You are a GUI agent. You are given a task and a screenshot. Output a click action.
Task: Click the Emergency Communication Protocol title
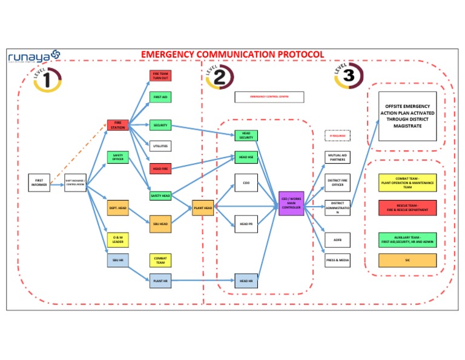tap(232, 55)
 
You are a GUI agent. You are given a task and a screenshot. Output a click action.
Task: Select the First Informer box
tap(39, 182)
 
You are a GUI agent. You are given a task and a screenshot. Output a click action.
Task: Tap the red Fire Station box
tap(117, 125)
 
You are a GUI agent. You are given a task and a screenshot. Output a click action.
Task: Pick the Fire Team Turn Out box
tap(160, 76)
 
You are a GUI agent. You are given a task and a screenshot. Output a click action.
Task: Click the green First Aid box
tap(160, 97)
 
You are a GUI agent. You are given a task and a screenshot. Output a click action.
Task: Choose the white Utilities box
tap(160, 146)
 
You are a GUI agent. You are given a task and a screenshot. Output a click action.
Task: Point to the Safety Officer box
tap(117, 157)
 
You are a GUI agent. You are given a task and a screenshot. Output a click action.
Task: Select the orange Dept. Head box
tap(117, 208)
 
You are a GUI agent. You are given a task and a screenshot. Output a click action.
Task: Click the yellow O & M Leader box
tap(117, 239)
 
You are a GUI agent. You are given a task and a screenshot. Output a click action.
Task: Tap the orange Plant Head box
tap(203, 208)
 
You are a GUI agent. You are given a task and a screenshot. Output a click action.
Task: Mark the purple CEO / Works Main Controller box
tap(291, 204)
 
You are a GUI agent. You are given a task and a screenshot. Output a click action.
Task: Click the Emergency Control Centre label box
tap(269, 97)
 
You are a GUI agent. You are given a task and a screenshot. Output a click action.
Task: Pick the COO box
tap(246, 182)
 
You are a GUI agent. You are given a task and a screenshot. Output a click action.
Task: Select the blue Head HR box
tap(246, 281)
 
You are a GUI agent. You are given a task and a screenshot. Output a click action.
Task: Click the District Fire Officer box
tap(337, 182)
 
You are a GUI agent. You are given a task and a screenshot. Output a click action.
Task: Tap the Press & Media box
tap(337, 260)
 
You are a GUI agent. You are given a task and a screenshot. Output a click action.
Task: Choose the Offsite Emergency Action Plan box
tap(407, 116)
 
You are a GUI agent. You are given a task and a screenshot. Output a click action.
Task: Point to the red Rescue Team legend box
tap(407, 207)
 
